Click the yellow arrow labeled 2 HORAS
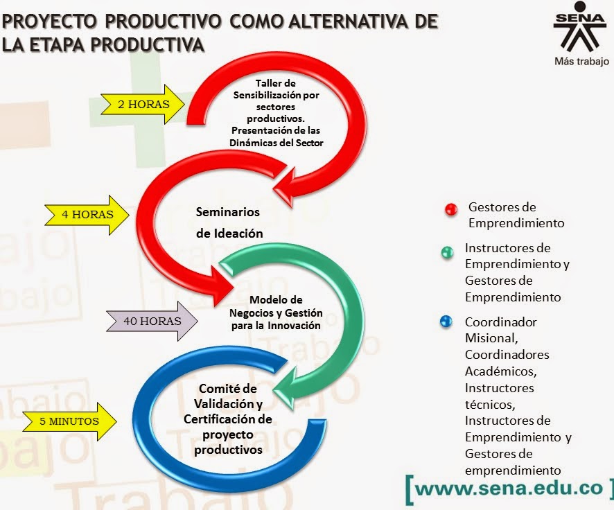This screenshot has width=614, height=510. tap(142, 105)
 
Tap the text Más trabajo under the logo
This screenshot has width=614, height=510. tap(581, 61)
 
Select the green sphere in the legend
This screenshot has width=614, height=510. tap(447, 252)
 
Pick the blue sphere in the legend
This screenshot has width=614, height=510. tap(447, 322)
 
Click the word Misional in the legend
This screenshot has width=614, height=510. tap(490, 338)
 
